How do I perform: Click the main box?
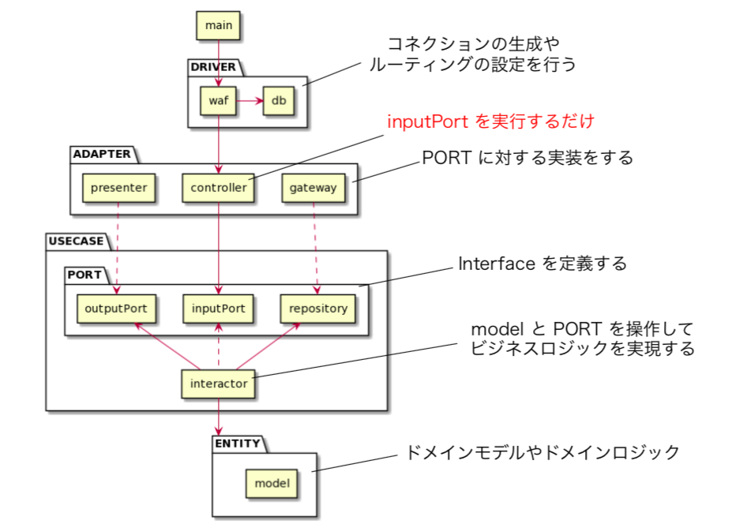click(x=218, y=25)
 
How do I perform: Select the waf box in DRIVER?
click(x=218, y=101)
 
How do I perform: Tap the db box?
click(x=279, y=101)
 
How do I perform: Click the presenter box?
click(x=118, y=188)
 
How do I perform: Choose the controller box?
click(x=218, y=188)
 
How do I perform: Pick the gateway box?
click(x=313, y=188)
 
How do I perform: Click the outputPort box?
click(x=117, y=308)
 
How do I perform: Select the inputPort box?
click(x=219, y=308)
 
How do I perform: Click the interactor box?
click(x=219, y=384)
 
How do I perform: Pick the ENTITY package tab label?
click(x=237, y=444)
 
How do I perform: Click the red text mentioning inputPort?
click(x=490, y=122)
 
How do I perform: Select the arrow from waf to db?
click(x=250, y=101)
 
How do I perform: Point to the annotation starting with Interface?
click(x=542, y=264)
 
